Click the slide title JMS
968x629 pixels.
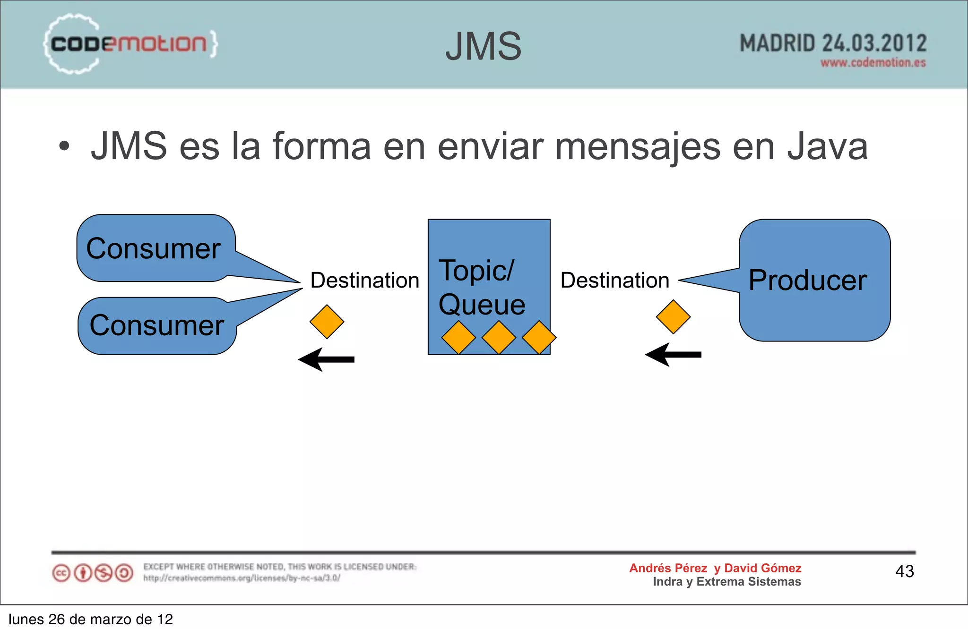coord(483,46)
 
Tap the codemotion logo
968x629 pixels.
coord(130,44)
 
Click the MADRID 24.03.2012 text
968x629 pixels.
coord(833,43)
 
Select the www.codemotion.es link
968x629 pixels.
coord(873,63)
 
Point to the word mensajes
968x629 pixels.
coord(638,146)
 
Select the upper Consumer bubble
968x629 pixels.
coord(154,248)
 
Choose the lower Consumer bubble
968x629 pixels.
coord(157,325)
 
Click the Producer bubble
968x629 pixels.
coord(814,280)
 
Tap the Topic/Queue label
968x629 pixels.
coord(481,287)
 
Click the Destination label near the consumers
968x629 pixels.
coord(364,280)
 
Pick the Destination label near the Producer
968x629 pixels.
coord(614,280)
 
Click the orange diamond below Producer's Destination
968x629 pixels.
coord(673,317)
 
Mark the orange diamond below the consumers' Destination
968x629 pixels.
coord(327,322)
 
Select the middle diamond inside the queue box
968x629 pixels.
coord(499,338)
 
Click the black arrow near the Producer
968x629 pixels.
coord(673,355)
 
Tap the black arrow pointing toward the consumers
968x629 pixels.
coord(326,359)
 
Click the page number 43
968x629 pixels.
coord(904,571)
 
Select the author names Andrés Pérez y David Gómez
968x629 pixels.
coord(715,568)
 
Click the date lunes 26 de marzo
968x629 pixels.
coord(90,619)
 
